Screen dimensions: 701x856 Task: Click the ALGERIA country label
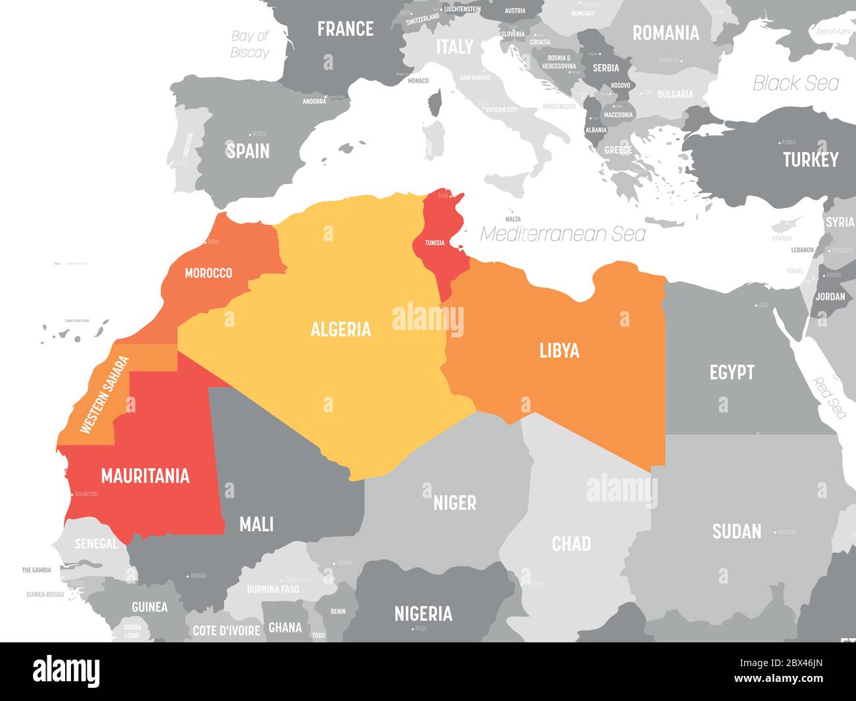(340, 329)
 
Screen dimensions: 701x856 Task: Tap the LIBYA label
(559, 350)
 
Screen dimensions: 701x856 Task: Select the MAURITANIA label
(145, 476)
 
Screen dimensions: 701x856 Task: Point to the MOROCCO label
(208, 273)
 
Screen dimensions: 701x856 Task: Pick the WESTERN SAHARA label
(104, 395)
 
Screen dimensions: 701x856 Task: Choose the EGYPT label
(732, 372)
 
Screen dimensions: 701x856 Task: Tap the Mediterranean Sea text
(562, 234)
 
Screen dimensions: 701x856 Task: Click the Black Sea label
(795, 83)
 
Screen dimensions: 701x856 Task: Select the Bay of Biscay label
(250, 44)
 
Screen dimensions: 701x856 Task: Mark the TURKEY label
(810, 159)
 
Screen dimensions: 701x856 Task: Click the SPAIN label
(248, 151)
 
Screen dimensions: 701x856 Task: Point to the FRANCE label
(345, 29)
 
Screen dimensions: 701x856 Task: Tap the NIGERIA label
(423, 613)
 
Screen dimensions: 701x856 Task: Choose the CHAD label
(571, 544)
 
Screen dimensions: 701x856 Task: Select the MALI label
(256, 524)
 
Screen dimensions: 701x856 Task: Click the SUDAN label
(736, 531)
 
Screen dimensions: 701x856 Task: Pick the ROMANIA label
(665, 32)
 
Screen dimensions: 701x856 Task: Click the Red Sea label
(829, 397)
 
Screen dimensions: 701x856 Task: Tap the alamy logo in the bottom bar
(67, 671)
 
